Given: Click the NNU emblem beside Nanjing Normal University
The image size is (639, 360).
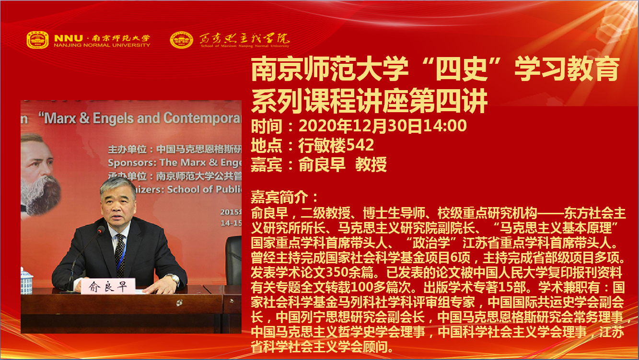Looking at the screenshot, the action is tap(37, 40).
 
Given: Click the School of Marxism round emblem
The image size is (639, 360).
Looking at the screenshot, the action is tap(181, 40).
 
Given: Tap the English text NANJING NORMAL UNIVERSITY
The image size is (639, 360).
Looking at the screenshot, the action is tap(102, 45).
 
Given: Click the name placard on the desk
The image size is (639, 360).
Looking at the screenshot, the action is tap(107, 286).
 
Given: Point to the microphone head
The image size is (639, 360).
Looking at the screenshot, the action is tap(101, 230).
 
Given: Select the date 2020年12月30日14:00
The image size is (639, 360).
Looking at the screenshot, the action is tap(383, 126).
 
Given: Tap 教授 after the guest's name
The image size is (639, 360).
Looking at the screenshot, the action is tap(371, 164).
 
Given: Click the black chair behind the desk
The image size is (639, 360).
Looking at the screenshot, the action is tap(233, 260).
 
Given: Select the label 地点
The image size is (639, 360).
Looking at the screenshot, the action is tap(267, 145).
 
